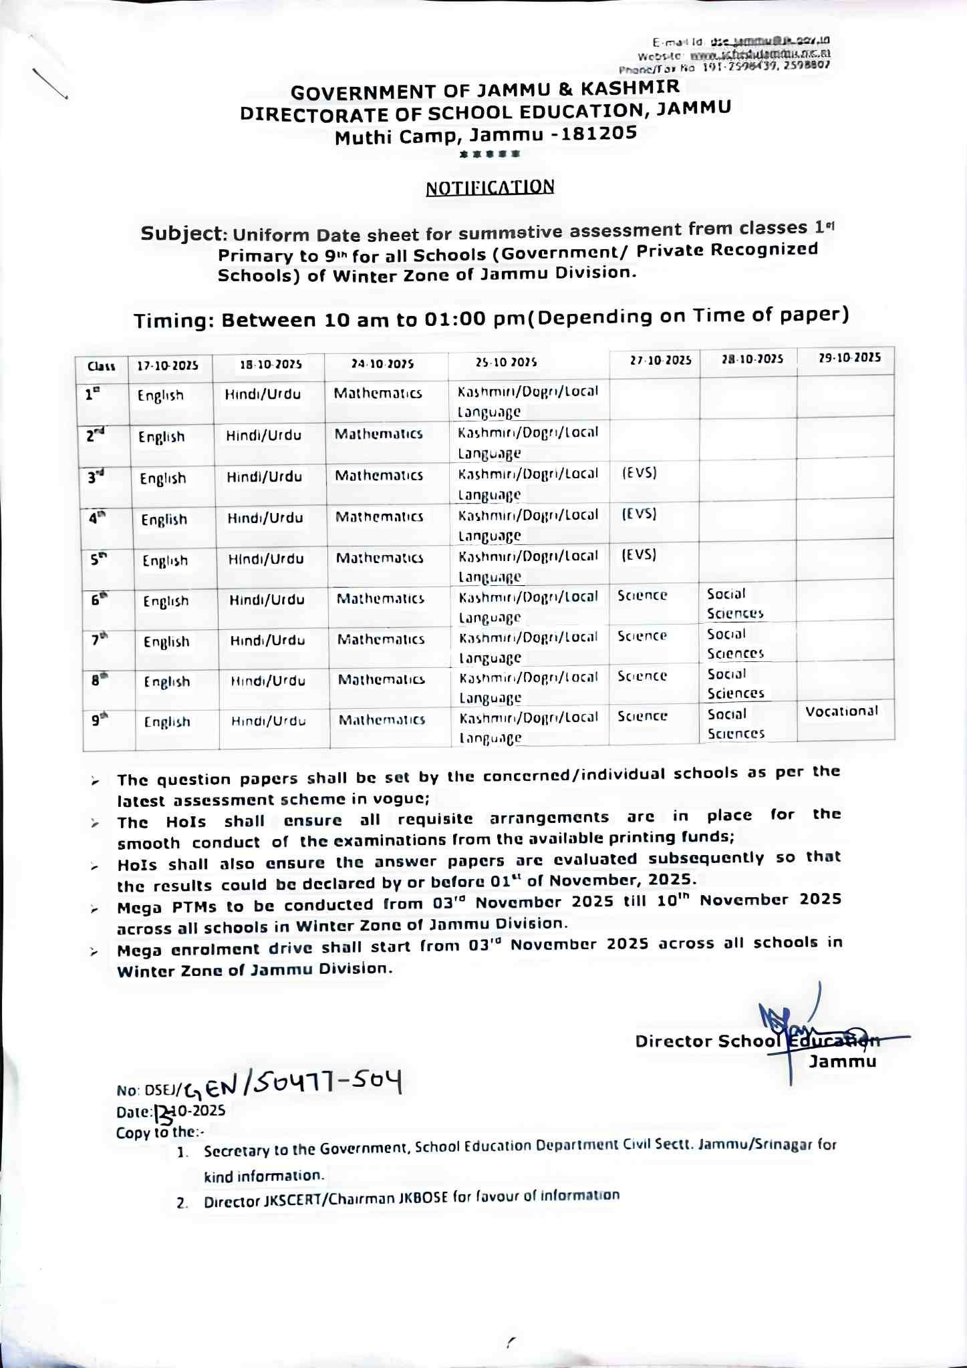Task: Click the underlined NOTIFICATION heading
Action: [490, 187]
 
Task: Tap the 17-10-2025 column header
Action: [168, 365]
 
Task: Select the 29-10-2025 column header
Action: [849, 357]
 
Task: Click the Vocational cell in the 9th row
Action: [841, 711]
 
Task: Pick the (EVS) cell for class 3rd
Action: [640, 473]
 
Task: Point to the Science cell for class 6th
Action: [642, 595]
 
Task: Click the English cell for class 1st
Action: [160, 395]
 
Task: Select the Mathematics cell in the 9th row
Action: [382, 720]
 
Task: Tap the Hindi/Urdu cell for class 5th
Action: [266, 559]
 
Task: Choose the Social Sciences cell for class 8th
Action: [735, 683]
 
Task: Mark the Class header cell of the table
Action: [102, 366]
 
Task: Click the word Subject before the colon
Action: [180, 234]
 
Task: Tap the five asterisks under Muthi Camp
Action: [490, 154]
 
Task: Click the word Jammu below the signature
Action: [842, 1061]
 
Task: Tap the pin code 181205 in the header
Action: [599, 133]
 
